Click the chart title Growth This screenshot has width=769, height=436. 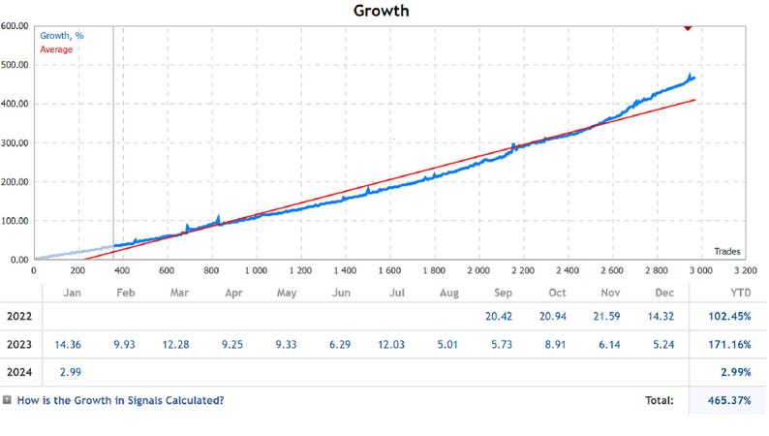coord(383,11)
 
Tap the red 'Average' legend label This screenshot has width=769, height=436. coord(55,48)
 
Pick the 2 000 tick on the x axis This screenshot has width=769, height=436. coord(477,270)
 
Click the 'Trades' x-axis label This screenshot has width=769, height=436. coord(726,251)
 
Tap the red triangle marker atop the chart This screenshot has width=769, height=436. coord(687,26)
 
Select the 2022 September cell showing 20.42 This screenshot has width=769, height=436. coord(503,316)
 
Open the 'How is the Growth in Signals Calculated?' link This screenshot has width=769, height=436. coord(120,399)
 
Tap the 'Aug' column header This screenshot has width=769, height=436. coord(448,292)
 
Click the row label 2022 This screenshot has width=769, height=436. coord(19,316)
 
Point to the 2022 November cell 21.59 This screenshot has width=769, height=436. coord(610,316)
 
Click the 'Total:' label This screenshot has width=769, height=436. coord(661,399)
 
